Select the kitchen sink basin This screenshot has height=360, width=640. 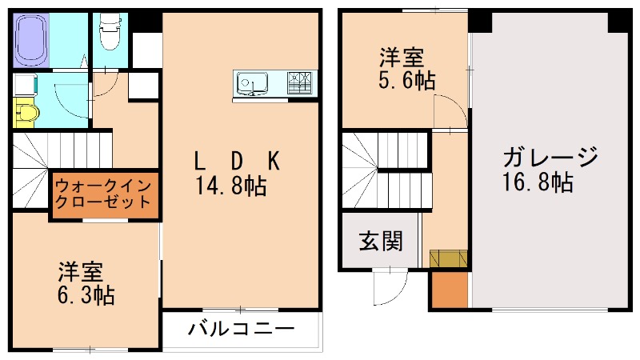tap(254, 83)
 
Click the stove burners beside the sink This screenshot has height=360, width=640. tap(302, 83)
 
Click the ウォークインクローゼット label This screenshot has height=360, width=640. tap(102, 194)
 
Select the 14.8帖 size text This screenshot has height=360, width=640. tap(231, 186)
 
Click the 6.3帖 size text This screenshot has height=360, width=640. tap(86, 295)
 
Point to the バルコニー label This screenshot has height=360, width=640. tap(242, 329)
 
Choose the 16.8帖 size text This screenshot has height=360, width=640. tap(538, 182)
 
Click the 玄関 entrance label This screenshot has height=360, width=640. tap(380, 240)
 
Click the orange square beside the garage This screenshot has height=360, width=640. tap(450, 290)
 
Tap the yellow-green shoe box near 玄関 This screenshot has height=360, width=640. tap(449, 259)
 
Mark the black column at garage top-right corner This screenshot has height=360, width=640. tap(619, 21)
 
